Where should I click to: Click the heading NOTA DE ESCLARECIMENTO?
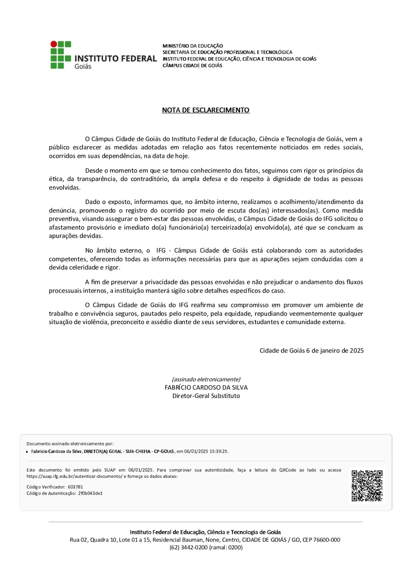point(206,110)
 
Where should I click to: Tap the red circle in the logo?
point(54,44)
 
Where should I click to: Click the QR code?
point(367,485)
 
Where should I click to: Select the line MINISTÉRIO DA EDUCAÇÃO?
point(193,46)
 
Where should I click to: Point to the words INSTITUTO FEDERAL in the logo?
point(116,58)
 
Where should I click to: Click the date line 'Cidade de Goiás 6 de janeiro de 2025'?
point(312,350)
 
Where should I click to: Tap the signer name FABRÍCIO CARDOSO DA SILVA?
point(206,388)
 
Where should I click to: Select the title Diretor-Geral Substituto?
point(206,396)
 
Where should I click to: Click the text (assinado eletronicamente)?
point(206,379)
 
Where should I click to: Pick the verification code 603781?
point(76,487)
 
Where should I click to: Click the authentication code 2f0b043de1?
point(90,493)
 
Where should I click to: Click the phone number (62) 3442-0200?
point(189,547)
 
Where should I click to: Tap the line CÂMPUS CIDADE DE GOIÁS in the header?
point(192,66)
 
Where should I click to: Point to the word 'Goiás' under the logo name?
point(83,66)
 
